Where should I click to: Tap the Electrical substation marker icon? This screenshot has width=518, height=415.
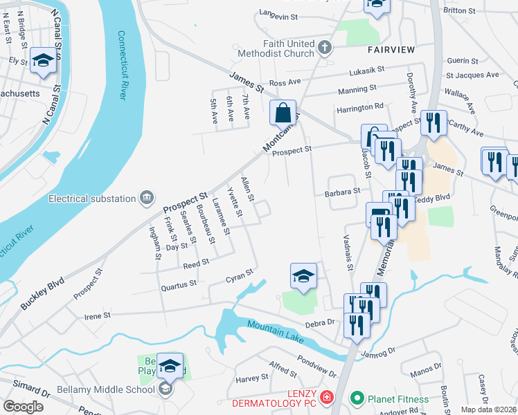click(147, 199)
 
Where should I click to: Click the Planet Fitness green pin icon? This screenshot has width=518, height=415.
click(357, 398)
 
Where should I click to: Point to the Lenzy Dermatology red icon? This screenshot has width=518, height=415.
click(325, 398)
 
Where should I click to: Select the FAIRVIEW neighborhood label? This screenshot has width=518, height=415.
click(391, 50)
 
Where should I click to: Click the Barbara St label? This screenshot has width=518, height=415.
click(343, 192)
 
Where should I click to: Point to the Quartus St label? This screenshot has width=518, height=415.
click(179, 282)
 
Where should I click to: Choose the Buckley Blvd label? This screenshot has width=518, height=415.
click(42, 293)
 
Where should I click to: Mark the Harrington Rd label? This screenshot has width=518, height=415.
click(360, 107)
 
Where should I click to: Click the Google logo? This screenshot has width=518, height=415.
click(24, 406)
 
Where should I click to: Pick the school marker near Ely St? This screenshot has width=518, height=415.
click(43, 59)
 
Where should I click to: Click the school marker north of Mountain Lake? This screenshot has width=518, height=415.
click(303, 276)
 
